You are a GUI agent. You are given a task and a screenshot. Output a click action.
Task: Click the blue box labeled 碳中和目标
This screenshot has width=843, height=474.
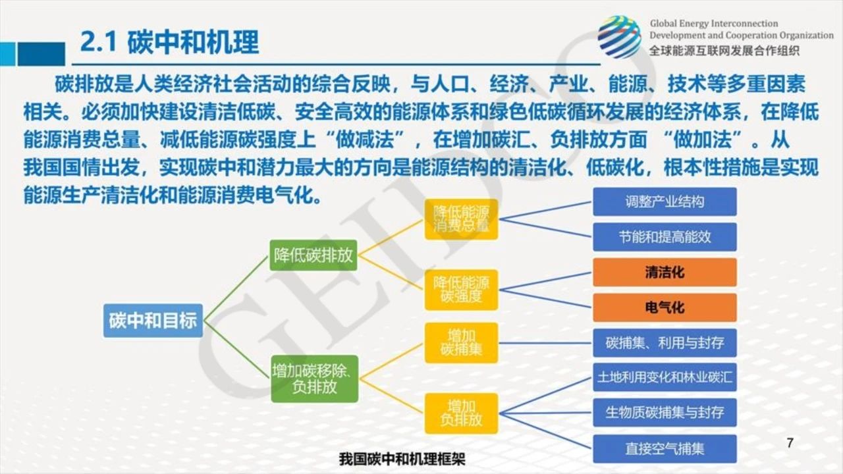153,321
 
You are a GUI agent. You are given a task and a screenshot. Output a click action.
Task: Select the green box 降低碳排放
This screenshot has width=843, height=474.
313,255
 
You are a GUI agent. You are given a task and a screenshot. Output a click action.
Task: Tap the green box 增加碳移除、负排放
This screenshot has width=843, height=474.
314,379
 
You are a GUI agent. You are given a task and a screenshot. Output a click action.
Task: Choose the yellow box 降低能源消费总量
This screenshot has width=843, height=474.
461,219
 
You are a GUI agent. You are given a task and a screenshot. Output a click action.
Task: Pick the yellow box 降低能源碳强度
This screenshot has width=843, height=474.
461,290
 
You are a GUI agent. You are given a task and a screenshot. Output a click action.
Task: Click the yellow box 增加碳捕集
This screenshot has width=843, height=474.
461,343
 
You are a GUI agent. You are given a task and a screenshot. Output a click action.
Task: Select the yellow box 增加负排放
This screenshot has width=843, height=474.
461,413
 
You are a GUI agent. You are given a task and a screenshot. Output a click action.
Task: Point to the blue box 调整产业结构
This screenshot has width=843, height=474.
665,201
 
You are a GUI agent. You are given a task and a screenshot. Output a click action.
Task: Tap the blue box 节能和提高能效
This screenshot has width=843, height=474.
665,237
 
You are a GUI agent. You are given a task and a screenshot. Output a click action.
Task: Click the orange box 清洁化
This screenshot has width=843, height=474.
665,273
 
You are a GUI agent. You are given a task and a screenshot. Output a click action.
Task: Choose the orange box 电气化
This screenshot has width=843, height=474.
665,307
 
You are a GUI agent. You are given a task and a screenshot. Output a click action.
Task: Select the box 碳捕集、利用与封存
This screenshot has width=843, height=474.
665,343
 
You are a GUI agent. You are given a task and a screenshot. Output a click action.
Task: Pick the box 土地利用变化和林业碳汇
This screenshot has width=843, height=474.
665,377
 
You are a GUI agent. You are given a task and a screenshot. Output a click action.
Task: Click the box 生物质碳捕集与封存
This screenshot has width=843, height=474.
665,413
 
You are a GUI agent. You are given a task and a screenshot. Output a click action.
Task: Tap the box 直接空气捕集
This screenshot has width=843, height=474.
665,449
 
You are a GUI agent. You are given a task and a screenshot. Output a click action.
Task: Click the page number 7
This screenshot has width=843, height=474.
790,443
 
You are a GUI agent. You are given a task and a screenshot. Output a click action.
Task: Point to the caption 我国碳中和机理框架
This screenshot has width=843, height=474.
402,459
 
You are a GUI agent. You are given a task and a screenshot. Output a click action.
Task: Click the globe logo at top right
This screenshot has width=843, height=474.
620,37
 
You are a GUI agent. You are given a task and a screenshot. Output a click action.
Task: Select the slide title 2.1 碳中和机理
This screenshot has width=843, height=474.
169,41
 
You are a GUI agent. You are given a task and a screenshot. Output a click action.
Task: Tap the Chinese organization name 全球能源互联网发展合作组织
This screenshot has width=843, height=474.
724,51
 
